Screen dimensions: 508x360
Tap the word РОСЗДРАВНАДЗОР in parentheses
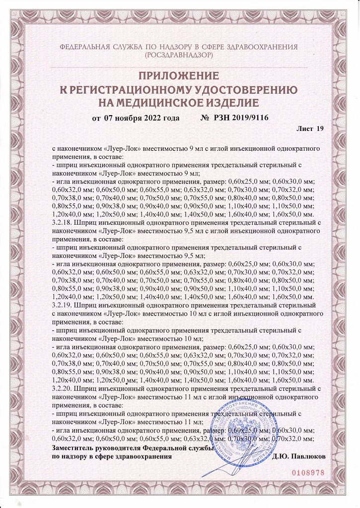click(179, 56)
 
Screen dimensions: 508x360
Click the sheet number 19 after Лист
click(319, 129)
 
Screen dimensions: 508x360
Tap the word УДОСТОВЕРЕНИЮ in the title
click(240, 90)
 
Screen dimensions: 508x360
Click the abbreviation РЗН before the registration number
click(221, 118)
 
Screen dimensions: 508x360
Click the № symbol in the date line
click(205, 118)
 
